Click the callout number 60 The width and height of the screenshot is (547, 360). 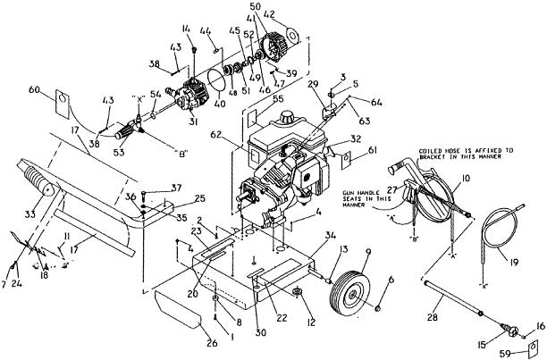[60, 90]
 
